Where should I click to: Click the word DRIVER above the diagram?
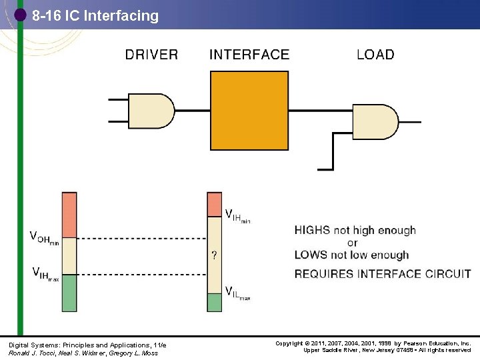click(x=151, y=55)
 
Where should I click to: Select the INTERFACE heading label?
click(x=249, y=55)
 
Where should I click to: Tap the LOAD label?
click(x=375, y=55)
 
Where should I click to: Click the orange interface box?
click(x=250, y=110)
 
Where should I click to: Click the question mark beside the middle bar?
click(x=213, y=254)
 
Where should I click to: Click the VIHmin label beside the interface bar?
click(x=237, y=216)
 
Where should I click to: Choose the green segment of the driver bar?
click(x=69, y=293)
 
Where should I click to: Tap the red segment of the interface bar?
click(x=214, y=204)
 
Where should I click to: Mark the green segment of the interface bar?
click(x=214, y=302)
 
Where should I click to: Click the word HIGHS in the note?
click(x=313, y=231)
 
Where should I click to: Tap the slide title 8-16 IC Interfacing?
click(x=95, y=15)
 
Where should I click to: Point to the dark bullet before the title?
click(x=21, y=14)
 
